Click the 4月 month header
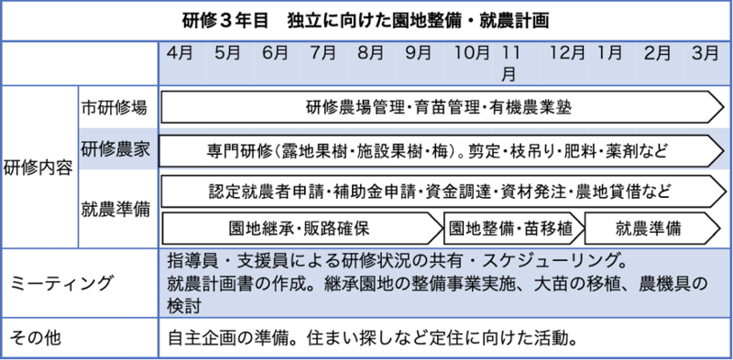[x=180, y=53]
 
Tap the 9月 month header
[x=419, y=53]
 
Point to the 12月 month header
[x=567, y=53]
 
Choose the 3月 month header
[x=705, y=53]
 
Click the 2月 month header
[x=657, y=53]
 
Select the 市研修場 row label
[x=114, y=108]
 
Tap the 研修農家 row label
[x=115, y=150]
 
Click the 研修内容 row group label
[x=38, y=168]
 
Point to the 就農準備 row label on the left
[x=115, y=210]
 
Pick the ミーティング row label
[x=61, y=283]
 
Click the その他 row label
[x=36, y=338]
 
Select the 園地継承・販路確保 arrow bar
[x=301, y=229]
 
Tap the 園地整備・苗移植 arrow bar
[x=514, y=229]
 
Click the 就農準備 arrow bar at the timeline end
[x=652, y=229]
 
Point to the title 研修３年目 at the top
[x=224, y=21]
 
